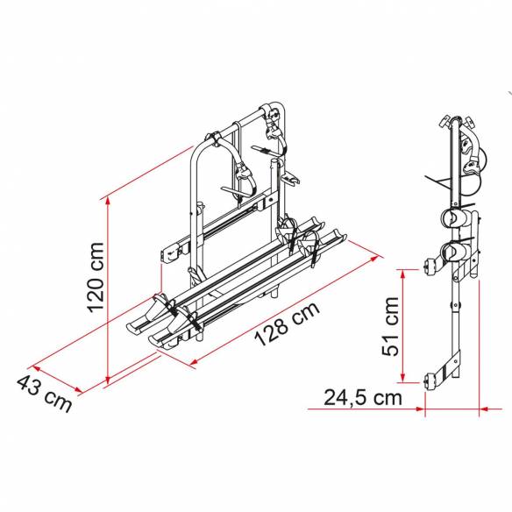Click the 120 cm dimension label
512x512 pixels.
(96, 277)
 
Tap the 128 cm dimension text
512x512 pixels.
(287, 324)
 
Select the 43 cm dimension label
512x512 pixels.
(44, 394)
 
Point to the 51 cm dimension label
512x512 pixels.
(390, 326)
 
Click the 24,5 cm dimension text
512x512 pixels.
(363, 398)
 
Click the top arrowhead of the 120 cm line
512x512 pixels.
(108, 202)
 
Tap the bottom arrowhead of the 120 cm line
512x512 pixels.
(108, 379)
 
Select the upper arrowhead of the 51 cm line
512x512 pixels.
(403, 274)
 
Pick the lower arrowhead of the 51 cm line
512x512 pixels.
(403, 377)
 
